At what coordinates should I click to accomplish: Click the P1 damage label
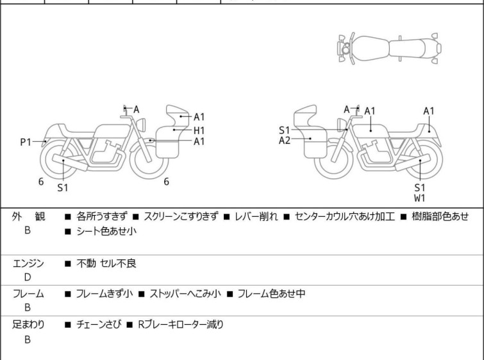tap(26, 142)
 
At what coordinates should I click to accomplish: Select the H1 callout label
tap(199, 130)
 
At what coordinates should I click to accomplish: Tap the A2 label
tap(285, 140)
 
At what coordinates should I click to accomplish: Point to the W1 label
tap(420, 198)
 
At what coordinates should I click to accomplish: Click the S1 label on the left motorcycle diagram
tap(62, 188)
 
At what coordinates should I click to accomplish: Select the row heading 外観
tap(28, 217)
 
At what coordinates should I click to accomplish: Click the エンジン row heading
tap(28, 263)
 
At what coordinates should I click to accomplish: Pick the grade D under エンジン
tap(28, 277)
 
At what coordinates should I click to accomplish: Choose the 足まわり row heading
tap(28, 325)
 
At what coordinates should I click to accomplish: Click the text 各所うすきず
tap(101, 217)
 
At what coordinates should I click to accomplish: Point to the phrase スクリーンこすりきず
tap(181, 217)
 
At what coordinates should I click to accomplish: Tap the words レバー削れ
tap(256, 217)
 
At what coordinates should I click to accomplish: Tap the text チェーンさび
tap(96, 325)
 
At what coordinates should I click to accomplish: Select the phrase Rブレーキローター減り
tap(180, 325)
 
